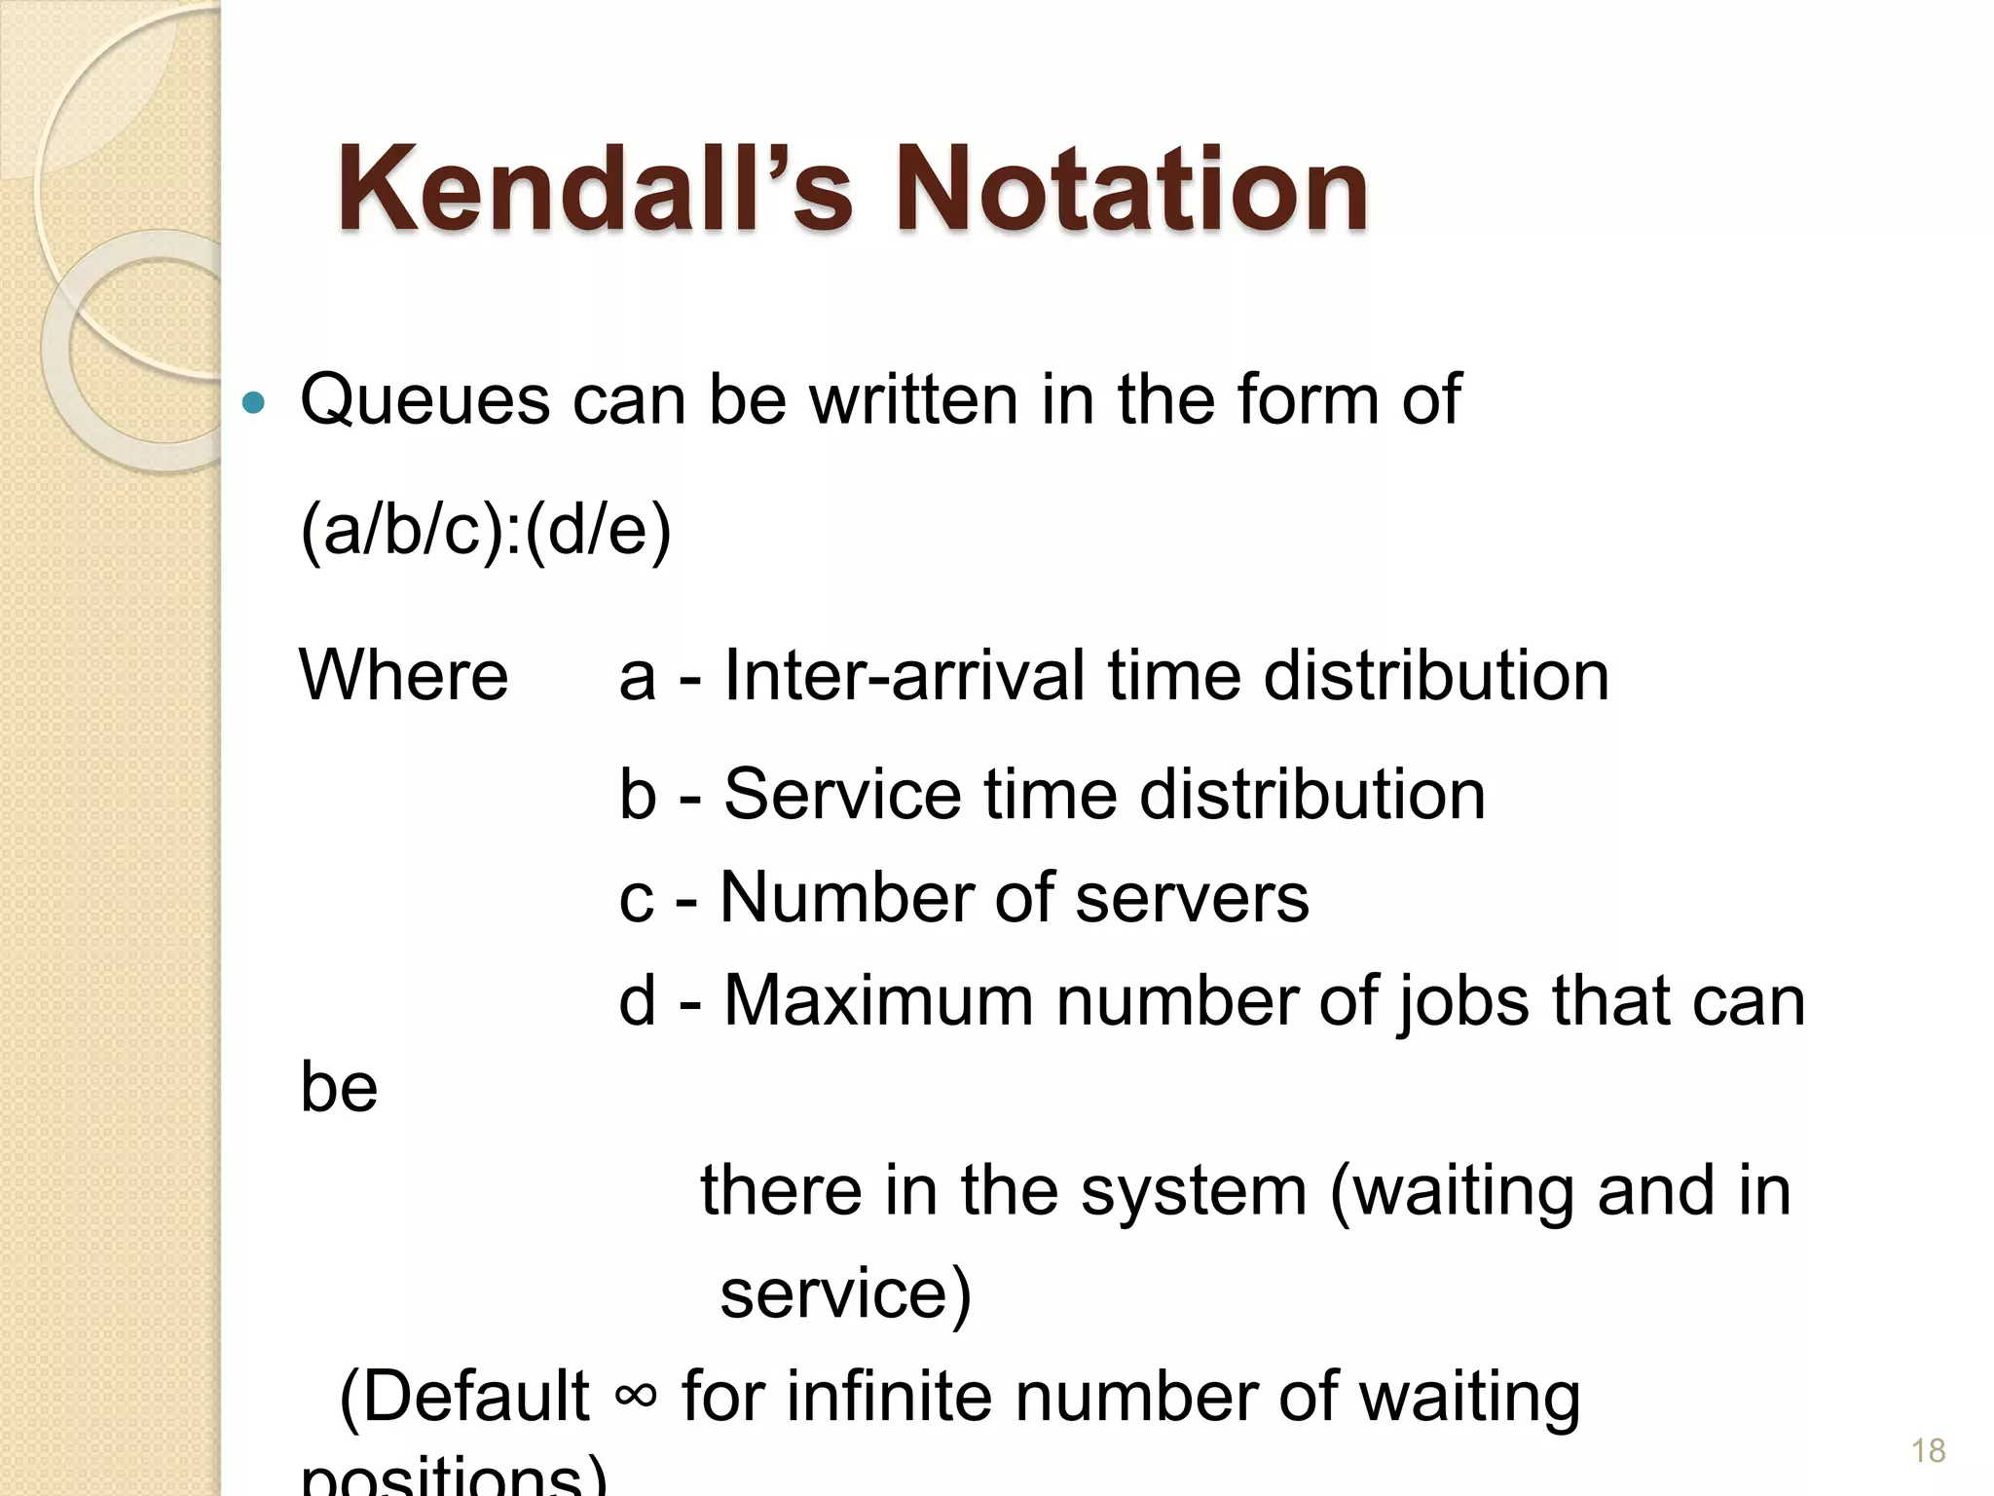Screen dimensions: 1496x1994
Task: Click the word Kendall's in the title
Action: point(594,190)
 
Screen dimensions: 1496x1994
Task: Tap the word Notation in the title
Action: point(1131,190)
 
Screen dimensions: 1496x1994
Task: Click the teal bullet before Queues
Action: point(253,402)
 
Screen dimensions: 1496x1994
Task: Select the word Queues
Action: point(425,400)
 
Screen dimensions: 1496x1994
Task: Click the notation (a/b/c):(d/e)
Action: point(486,531)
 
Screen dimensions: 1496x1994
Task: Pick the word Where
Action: point(403,675)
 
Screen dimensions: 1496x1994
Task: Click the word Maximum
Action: point(878,1000)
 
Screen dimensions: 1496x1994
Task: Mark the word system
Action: point(1194,1192)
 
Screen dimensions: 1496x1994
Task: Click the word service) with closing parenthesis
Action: point(845,1294)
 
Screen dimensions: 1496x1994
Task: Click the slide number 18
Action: point(1928,1451)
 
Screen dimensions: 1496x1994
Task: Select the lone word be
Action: point(339,1087)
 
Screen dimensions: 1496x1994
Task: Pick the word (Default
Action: point(464,1397)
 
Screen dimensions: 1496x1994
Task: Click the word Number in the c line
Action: point(846,897)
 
